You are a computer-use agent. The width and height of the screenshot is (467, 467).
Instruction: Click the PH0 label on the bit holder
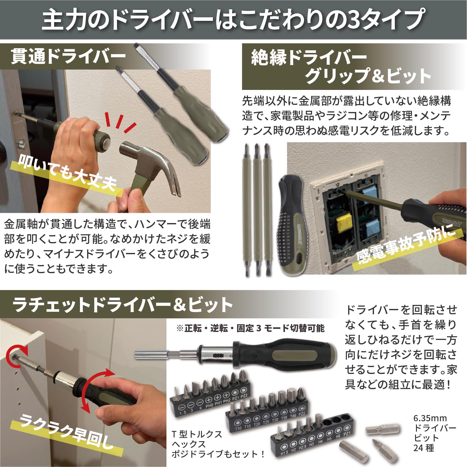click(x=209, y=405)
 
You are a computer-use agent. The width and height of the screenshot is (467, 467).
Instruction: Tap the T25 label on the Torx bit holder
click(x=266, y=422)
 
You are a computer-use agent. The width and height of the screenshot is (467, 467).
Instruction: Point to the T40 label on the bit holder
click(x=293, y=416)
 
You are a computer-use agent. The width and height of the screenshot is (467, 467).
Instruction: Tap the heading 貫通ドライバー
click(x=68, y=57)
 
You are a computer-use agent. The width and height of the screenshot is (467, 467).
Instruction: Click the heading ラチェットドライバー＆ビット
click(x=123, y=305)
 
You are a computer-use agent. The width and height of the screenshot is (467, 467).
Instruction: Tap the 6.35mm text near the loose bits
click(x=430, y=418)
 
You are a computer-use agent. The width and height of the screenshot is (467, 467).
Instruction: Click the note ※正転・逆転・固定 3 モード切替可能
click(x=250, y=328)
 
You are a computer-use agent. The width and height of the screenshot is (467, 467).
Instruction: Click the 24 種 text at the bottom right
click(x=423, y=448)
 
